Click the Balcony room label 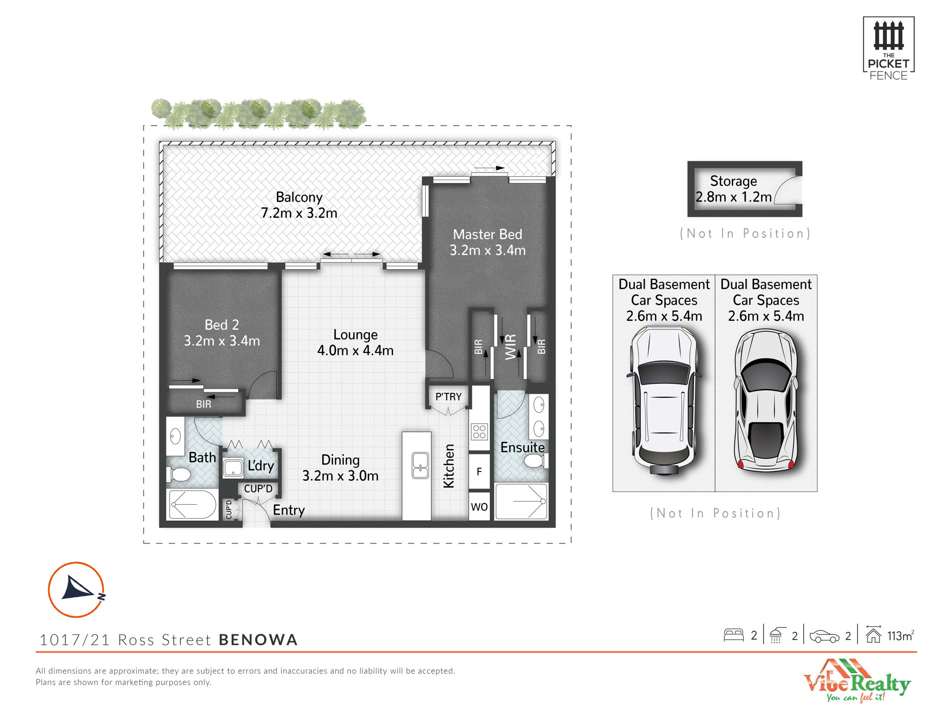click(299, 197)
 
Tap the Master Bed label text click(488, 234)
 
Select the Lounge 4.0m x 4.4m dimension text click(355, 350)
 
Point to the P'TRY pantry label click(448, 397)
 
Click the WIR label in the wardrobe click(511, 347)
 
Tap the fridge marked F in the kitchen click(479, 471)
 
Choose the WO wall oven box click(479, 507)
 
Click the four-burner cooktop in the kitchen click(479, 432)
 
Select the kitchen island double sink click(420, 466)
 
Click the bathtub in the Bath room click(193, 504)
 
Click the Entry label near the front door click(289, 510)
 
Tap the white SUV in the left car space click(664, 400)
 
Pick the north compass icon click(76, 589)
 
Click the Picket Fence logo click(888, 49)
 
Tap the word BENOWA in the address click(258, 640)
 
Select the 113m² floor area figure click(900, 636)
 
